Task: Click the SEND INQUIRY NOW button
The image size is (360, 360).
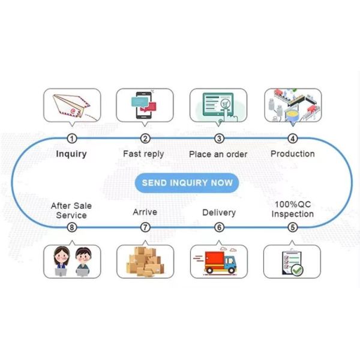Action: [187, 182]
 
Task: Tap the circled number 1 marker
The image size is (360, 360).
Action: [72, 139]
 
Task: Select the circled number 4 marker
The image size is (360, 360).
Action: [292, 139]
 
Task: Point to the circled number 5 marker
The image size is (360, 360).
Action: [292, 227]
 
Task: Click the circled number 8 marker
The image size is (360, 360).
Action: [72, 227]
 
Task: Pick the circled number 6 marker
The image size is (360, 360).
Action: [219, 227]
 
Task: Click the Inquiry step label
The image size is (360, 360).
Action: [71, 154]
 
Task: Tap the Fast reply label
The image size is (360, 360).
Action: [145, 154]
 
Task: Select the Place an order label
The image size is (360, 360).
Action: [218, 154]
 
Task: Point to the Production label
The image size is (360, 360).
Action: [292, 154]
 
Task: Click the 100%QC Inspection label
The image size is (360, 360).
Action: [292, 209]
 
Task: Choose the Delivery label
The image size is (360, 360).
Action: [219, 212]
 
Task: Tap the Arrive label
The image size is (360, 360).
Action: [145, 212]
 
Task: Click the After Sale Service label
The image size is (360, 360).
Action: [71, 210]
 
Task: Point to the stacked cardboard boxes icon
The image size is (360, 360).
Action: [145, 262]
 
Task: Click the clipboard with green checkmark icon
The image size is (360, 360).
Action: [292, 262]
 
